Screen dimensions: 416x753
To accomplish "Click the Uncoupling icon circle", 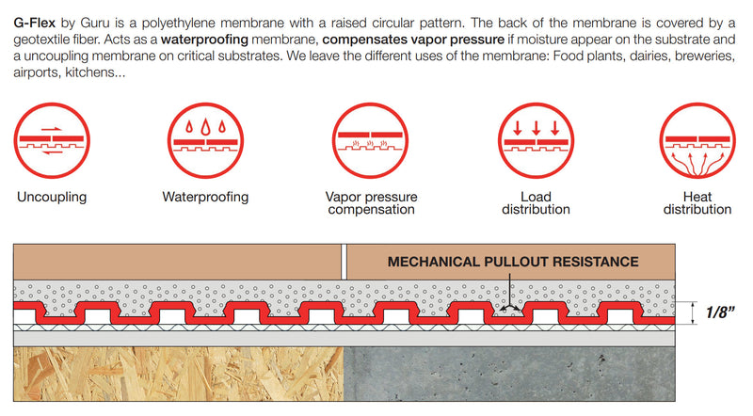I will click(52, 143).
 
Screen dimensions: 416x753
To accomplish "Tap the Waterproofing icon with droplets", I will click(205, 143).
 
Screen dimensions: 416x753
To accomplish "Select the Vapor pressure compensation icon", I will click(371, 143).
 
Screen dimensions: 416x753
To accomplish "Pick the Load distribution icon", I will click(534, 143).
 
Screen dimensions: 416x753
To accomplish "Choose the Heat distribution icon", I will click(697, 143).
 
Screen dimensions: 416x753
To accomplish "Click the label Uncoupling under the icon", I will click(52, 198).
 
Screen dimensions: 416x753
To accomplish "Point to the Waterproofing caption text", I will click(205, 198).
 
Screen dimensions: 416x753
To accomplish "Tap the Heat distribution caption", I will click(697, 203).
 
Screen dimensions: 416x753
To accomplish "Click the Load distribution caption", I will click(534, 203).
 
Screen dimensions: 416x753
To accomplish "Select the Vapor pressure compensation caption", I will click(371, 203).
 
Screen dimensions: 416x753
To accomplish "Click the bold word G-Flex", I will click(34, 21).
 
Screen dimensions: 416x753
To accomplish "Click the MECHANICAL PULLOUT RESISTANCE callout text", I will click(513, 262).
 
